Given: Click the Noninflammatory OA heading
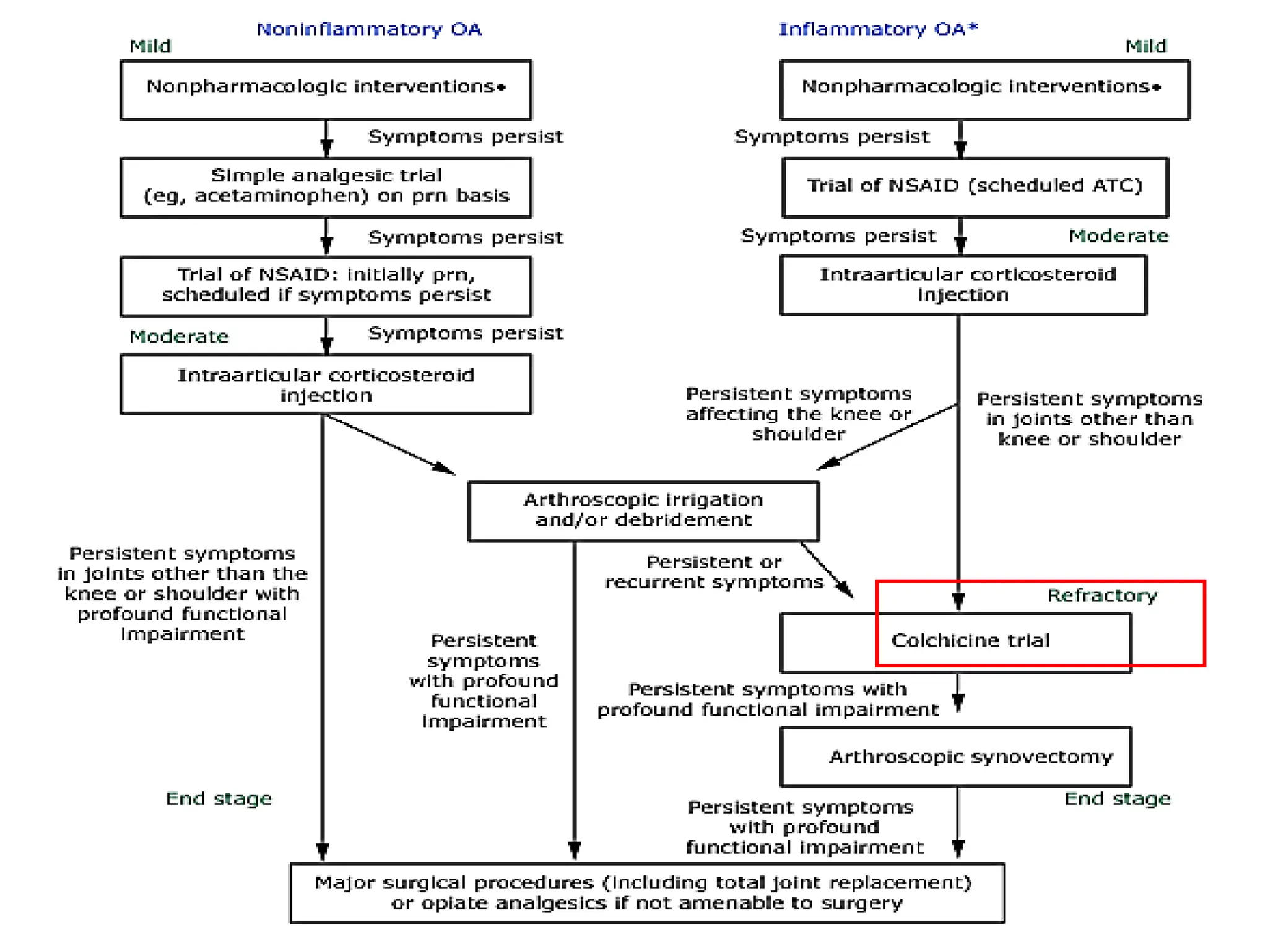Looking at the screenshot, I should tap(369, 30).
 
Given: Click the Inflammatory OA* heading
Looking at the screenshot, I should tap(878, 30).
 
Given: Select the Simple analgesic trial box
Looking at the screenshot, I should tap(326, 187).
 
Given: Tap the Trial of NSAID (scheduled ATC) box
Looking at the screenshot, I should tap(975, 186).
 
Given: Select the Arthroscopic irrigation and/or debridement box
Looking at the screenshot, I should tap(643, 511).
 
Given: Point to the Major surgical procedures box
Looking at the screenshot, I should tap(647, 892).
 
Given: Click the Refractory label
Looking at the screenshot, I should tap(1102, 596).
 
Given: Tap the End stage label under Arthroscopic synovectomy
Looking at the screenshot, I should tap(1118, 799).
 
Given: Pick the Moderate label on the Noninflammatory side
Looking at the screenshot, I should tap(179, 337).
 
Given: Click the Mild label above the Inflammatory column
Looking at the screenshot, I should tap(1145, 46).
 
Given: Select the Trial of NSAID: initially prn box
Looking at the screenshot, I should tap(326, 285).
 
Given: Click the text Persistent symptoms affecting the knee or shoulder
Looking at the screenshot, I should tap(799, 414).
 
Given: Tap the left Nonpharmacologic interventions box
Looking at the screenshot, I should tap(326, 89).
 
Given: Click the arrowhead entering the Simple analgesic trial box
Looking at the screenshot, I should tap(326, 149).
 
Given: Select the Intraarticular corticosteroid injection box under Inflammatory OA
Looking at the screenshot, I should tap(963, 285).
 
